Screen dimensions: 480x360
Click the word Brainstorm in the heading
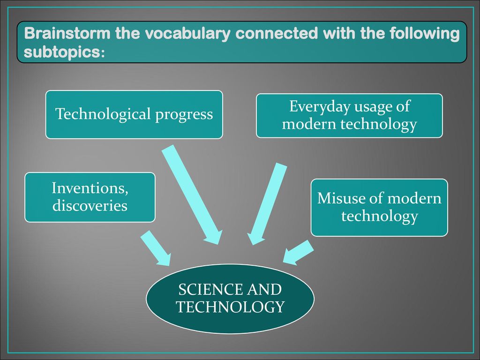(67, 33)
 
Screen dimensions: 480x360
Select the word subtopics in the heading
(64, 52)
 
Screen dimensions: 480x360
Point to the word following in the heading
(425, 34)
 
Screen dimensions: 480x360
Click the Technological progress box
(134, 114)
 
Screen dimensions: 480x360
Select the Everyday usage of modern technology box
(349, 116)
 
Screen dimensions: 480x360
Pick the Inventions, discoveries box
(90, 197)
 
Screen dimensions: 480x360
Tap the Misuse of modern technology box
(379, 208)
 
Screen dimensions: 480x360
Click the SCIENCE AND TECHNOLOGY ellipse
(230, 299)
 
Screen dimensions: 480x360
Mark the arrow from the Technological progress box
(192, 195)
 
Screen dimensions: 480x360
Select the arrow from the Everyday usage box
(267, 204)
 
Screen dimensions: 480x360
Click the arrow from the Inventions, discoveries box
(156, 248)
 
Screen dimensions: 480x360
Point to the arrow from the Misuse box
(298, 252)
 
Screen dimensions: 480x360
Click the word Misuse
(341, 198)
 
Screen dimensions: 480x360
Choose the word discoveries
(90, 205)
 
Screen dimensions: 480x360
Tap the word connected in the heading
(277, 33)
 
